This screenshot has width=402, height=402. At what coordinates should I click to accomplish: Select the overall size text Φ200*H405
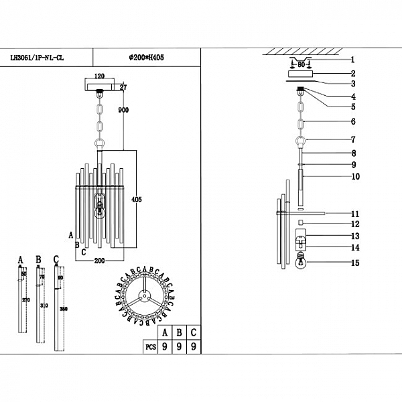coord(147,58)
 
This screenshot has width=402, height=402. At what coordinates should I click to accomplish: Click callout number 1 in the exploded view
coord(352,60)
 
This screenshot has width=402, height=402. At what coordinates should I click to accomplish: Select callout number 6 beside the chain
coord(352,122)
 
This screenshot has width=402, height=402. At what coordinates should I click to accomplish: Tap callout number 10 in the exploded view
coord(355,177)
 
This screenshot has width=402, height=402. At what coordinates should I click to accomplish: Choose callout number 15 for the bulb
coord(355,263)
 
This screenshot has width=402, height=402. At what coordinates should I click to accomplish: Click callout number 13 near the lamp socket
coord(355,237)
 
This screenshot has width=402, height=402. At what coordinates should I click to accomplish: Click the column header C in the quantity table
coord(193,332)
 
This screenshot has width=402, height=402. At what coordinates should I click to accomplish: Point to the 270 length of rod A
coord(26,300)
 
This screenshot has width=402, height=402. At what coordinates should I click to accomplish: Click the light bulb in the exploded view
coord(301,263)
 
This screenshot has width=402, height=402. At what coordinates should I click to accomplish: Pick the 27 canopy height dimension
coord(123,87)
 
